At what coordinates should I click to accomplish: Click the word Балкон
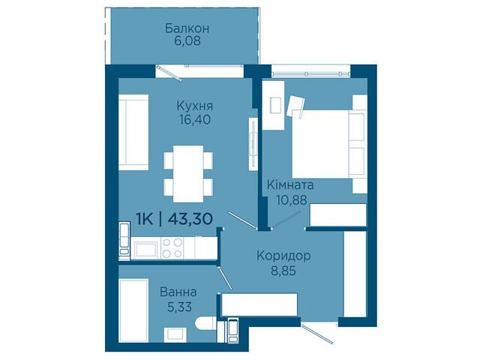click(x=187, y=28)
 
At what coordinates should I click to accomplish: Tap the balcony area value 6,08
click(x=187, y=41)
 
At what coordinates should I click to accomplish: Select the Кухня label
click(x=195, y=106)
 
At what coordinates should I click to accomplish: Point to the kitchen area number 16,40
click(x=195, y=120)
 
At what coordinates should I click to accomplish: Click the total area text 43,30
click(x=190, y=219)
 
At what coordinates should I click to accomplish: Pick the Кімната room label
click(x=290, y=185)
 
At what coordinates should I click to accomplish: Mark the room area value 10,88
click(x=292, y=200)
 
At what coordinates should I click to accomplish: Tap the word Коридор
click(x=283, y=256)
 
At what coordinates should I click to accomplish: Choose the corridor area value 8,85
click(x=283, y=271)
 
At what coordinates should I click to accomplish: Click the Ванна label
click(x=178, y=292)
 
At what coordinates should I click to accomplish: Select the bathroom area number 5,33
click(x=179, y=307)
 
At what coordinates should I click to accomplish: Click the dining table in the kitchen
click(x=188, y=174)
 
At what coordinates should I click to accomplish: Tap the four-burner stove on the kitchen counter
click(x=172, y=248)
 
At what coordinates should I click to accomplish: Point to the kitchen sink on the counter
click(x=145, y=249)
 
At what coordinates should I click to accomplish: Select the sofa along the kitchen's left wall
click(x=133, y=132)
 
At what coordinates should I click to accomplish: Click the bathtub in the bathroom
click(x=133, y=310)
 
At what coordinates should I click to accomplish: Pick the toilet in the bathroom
click(x=205, y=324)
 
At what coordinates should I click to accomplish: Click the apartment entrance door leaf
click(x=316, y=334)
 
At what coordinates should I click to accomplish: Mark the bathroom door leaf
click(x=225, y=278)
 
